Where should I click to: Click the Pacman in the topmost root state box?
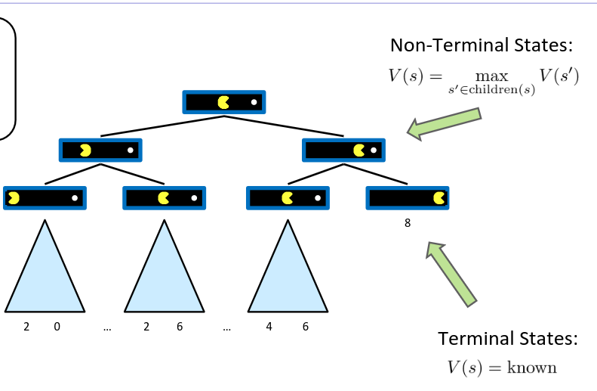pyautogui.click(x=223, y=102)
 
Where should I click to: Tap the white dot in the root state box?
pyautogui.click(x=254, y=102)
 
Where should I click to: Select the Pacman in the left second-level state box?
pyautogui.click(x=85, y=150)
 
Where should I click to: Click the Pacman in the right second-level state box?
pyautogui.click(x=359, y=150)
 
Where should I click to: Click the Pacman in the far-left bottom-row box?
pyautogui.click(x=14, y=198)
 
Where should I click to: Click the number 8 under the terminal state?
pyautogui.click(x=408, y=223)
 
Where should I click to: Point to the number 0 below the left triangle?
pyautogui.click(x=57, y=327)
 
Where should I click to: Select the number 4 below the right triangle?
pyautogui.click(x=269, y=327)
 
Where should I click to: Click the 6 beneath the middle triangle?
pyautogui.click(x=179, y=327)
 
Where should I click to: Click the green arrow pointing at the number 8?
pyautogui.click(x=451, y=273)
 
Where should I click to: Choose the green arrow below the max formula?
pyautogui.click(x=445, y=123)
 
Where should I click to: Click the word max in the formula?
pyautogui.click(x=492, y=77)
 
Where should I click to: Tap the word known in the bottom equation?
pyautogui.click(x=532, y=368)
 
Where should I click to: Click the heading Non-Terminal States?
pyautogui.click(x=482, y=45)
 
